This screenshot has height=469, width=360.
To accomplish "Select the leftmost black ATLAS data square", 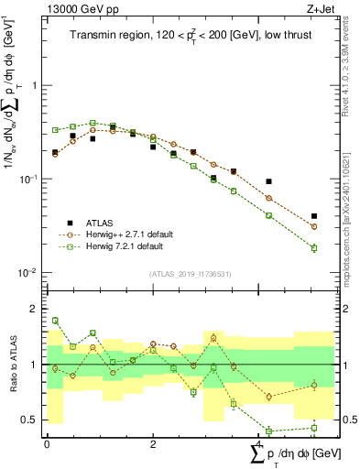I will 55,152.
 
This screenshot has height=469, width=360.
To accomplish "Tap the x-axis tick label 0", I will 47,443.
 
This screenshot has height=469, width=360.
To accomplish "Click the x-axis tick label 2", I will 153,443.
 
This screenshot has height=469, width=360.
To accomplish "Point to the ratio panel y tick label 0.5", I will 35,420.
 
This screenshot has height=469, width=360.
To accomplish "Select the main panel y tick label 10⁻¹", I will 32,179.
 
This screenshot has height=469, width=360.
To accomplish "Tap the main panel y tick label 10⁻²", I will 32,273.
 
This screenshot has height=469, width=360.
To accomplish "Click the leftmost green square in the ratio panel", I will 55,321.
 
